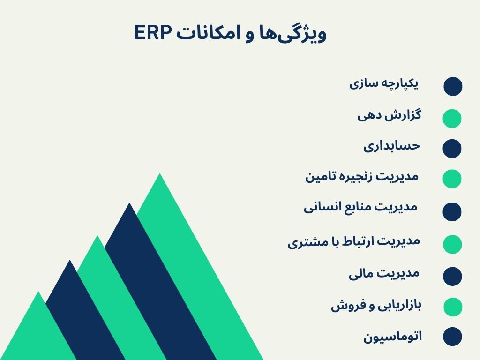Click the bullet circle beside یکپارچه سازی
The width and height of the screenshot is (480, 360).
pos(453,87)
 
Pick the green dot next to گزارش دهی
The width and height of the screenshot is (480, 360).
pos(452,118)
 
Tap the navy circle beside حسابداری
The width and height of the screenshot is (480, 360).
pos(452,148)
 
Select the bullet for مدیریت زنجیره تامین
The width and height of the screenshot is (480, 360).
pos(452,179)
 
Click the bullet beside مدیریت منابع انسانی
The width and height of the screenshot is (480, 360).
pos(452,211)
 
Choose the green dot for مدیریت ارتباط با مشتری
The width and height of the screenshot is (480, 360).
pos(452,244)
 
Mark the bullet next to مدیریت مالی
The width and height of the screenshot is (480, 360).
pos(452,276)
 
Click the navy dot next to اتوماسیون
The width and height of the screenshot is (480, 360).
pos(452,337)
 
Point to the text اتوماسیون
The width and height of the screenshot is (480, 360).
pos(392,337)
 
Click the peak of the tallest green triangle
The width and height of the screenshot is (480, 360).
pos(160,175)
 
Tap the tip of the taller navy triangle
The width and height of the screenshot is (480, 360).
pos(129,205)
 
